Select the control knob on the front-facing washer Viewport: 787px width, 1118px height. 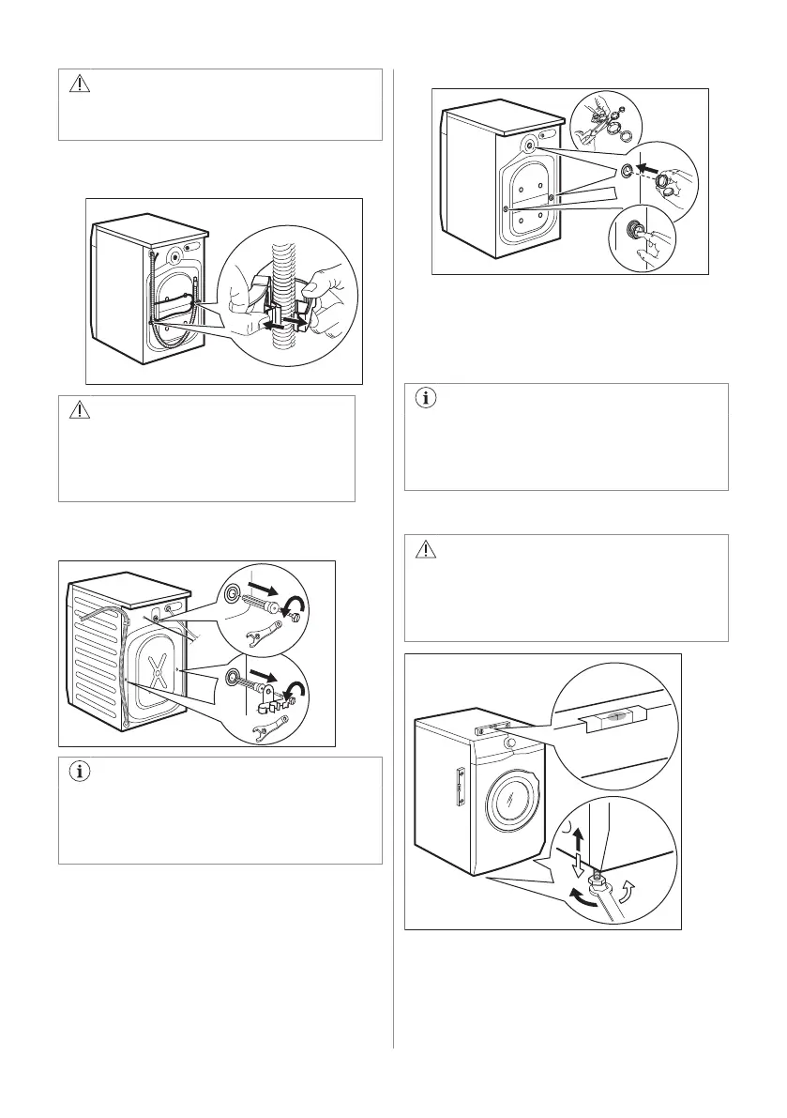coord(509,743)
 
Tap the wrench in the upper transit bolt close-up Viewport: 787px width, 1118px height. coord(278,639)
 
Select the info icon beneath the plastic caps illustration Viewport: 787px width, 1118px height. coord(426,397)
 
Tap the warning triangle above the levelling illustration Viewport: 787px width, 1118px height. coord(426,549)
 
